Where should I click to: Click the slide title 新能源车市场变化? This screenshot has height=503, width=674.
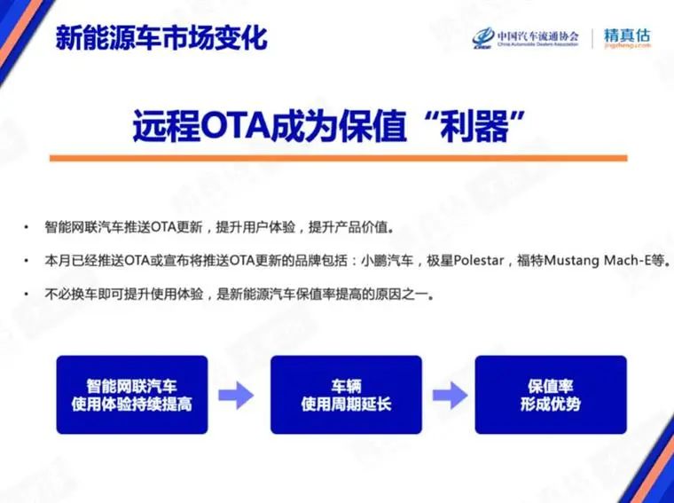click(x=161, y=38)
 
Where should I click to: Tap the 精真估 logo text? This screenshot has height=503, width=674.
click(x=626, y=36)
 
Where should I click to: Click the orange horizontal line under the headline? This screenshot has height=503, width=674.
click(x=338, y=158)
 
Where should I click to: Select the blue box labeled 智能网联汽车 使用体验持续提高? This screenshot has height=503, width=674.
click(x=131, y=395)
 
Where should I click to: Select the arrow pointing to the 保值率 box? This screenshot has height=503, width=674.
click(x=450, y=394)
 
